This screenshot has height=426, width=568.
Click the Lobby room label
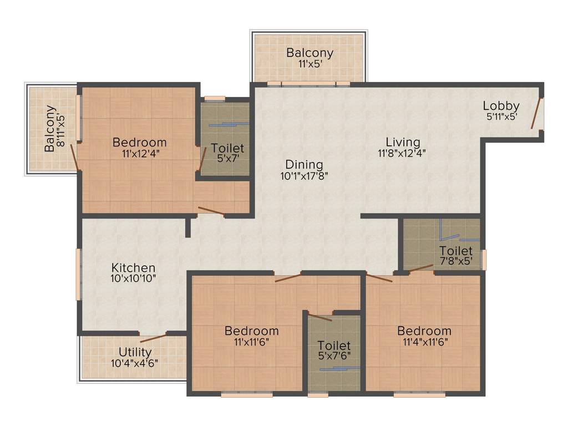pyautogui.click(x=500, y=106)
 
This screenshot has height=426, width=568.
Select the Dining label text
pyautogui.click(x=304, y=165)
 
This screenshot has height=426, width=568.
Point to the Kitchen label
pyautogui.click(x=133, y=268)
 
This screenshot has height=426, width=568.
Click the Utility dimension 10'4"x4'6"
pyautogui.click(x=135, y=363)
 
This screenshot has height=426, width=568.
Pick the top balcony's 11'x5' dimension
pyautogui.click(x=310, y=64)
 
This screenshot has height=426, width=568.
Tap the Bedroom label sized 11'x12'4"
pyautogui.click(x=139, y=143)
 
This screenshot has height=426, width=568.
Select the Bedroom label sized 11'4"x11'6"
pyautogui.click(x=424, y=332)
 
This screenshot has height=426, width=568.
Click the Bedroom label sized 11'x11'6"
pyautogui.click(x=251, y=331)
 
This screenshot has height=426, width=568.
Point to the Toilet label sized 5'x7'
pyautogui.click(x=227, y=149)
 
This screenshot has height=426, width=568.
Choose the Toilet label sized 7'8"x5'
pyautogui.click(x=456, y=251)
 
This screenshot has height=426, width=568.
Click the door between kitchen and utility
pyautogui.click(x=153, y=337)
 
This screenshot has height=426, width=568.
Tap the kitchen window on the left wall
pyautogui.click(x=79, y=274)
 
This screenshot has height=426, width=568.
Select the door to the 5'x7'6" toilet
pyautogui.click(x=320, y=317)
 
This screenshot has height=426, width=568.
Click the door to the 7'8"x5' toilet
pyautogui.click(x=422, y=269)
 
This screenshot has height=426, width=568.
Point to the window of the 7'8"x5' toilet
pyautogui.click(x=484, y=260)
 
